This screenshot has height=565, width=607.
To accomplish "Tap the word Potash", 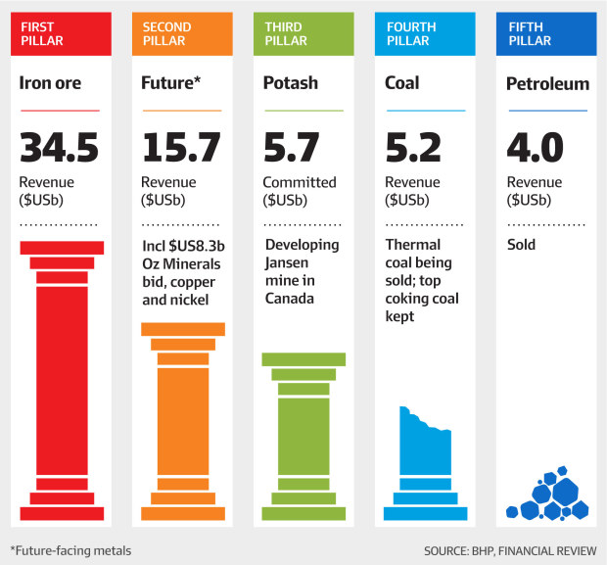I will point(291,84).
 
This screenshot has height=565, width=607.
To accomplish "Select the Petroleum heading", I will point(547,84).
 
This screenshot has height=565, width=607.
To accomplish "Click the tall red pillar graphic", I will point(62,382).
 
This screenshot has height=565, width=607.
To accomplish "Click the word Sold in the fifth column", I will point(521,245).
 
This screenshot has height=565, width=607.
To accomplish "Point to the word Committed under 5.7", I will point(300,182).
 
